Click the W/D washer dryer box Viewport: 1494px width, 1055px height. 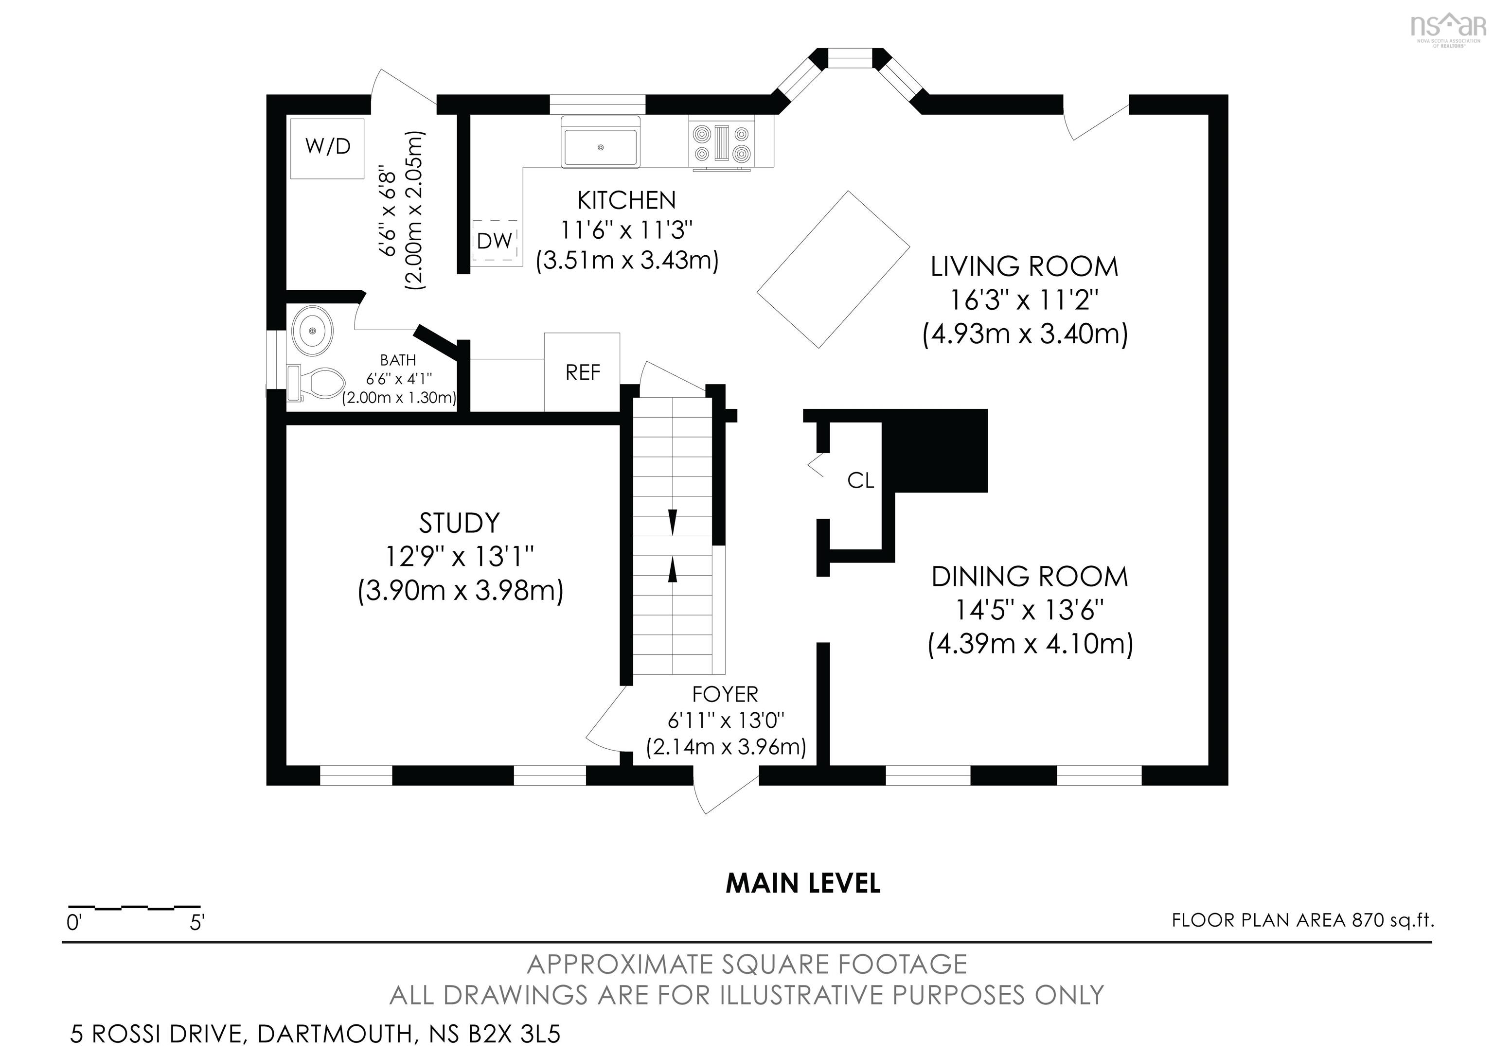pyautogui.click(x=327, y=148)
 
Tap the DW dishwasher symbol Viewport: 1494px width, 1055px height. pyautogui.click(x=495, y=241)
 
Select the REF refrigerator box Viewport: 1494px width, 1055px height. pyautogui.click(x=582, y=372)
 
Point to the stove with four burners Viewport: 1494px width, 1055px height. pyautogui.click(x=722, y=144)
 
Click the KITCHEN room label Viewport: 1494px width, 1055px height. pyautogui.click(x=626, y=200)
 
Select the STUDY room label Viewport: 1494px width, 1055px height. pyautogui.click(x=460, y=523)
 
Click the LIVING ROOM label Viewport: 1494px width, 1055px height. pyautogui.click(x=1024, y=267)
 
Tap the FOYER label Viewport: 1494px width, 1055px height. pyautogui.click(x=725, y=695)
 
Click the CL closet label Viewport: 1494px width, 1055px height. pyautogui.click(x=860, y=481)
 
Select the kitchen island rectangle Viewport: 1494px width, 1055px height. pyautogui.click(x=834, y=269)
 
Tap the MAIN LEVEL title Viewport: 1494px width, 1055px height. pyautogui.click(x=803, y=883)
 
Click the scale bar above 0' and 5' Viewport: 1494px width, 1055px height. pyautogui.click(x=134, y=906)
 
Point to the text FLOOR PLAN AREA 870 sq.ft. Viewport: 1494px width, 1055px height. pyautogui.click(x=1303, y=920)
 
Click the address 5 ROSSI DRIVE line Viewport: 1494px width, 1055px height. pyautogui.click(x=315, y=1034)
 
